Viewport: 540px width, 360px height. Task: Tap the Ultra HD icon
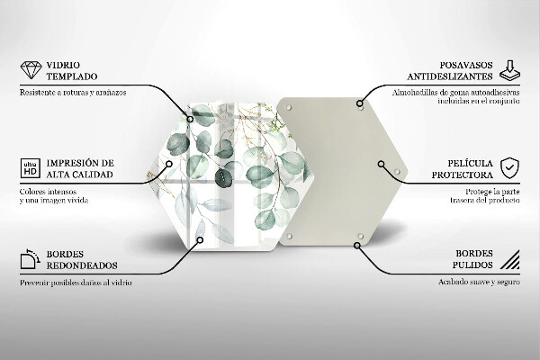(x=28, y=167)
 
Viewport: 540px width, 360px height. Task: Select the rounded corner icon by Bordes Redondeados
(x=29, y=261)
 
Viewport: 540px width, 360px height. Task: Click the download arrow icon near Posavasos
(x=509, y=68)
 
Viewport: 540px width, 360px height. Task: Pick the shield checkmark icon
(x=509, y=167)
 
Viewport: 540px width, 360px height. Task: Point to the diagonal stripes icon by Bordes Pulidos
(x=509, y=261)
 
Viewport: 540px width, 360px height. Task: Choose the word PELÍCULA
(x=467, y=162)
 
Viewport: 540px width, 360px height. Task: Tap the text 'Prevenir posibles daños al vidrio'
(x=76, y=283)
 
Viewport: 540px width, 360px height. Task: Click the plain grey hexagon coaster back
(x=338, y=171)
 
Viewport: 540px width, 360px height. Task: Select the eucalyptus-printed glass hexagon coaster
(x=229, y=171)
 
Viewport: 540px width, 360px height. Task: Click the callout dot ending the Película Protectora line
(x=382, y=165)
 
